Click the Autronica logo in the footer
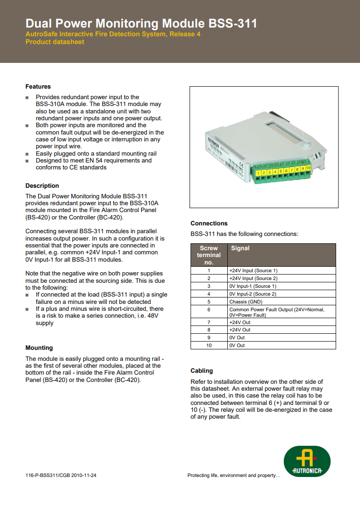[x=307, y=461]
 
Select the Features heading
[x=38, y=87]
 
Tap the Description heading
[x=42, y=186]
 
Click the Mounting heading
[x=39, y=348]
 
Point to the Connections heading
[x=209, y=224]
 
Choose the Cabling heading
[x=202, y=371]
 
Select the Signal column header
[x=240, y=248]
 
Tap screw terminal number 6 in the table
[x=209, y=309]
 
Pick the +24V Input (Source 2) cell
[x=253, y=278]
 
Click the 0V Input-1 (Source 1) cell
[x=253, y=286]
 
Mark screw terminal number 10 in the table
[x=209, y=345]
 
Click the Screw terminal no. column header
[x=209, y=255]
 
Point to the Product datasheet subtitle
[x=55, y=42]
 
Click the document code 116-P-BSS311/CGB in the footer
[x=61, y=476]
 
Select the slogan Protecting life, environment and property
[x=234, y=476]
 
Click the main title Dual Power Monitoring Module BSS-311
[x=141, y=24]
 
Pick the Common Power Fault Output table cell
[x=276, y=312]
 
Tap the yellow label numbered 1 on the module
[x=259, y=173]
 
